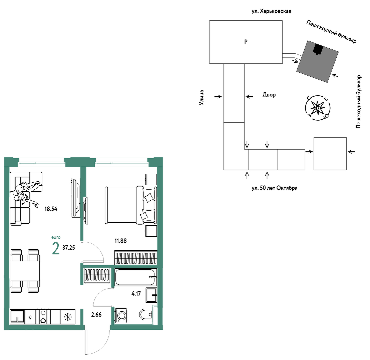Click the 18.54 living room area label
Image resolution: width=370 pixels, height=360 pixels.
[51, 209]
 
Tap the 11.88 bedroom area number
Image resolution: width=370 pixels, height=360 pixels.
[120, 241]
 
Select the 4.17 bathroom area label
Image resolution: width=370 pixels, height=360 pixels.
[136, 294]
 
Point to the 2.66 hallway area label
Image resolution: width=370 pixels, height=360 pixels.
[96, 314]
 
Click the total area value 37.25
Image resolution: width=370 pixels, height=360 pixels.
[69, 248]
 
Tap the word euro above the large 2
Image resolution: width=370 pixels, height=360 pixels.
[56, 237]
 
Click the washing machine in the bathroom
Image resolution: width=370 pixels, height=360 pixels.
[121, 315]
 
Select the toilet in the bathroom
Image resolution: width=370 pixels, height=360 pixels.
[146, 314]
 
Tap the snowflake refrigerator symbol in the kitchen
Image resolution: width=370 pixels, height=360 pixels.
[68, 317]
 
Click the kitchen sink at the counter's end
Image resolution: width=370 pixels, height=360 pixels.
[17, 317]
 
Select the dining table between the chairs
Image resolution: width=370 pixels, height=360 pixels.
[25, 271]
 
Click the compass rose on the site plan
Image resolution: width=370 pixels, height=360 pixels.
[318, 108]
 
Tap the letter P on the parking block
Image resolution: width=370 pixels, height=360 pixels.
[246, 42]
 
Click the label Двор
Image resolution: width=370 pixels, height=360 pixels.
[269, 95]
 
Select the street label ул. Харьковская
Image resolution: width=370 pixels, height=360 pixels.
[271, 11]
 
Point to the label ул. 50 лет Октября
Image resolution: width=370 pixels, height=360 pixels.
[275, 188]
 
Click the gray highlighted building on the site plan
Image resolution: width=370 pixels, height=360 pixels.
[317, 62]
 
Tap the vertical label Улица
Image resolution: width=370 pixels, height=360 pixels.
[201, 98]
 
